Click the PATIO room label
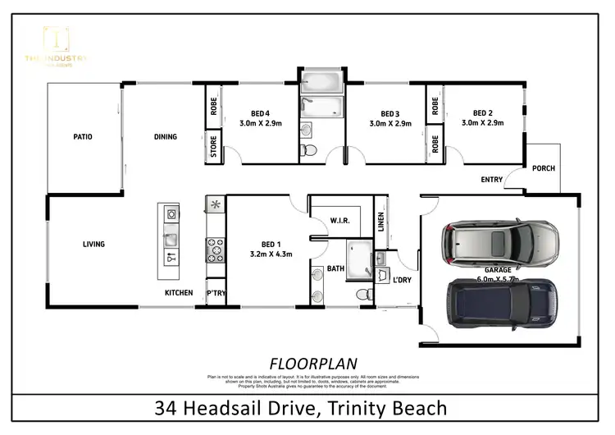coord(82,136)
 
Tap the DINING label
coord(165,136)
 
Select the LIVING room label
coord(93,244)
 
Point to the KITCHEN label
coord(179,293)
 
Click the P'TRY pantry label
coord(216,293)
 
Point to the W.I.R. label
coord(341,220)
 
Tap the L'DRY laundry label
coord(402,281)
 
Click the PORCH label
coord(543,168)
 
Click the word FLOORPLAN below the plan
coord(307,363)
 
